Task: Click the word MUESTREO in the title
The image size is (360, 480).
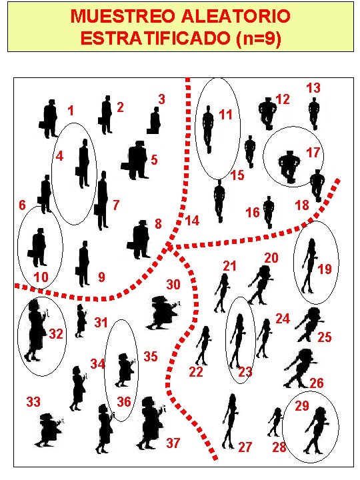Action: point(123,16)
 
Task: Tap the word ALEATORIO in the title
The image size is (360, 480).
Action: point(235,16)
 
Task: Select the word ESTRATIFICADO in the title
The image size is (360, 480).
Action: point(155,38)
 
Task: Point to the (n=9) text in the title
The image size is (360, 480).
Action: point(259,39)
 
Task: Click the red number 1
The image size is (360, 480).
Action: point(71,111)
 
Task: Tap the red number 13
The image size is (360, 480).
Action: point(313,88)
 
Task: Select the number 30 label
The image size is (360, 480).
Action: point(173,285)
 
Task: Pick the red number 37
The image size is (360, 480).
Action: point(173,443)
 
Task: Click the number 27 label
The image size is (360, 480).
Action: point(245,447)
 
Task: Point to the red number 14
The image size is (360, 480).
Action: point(192,221)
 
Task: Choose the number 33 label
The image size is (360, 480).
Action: point(33,401)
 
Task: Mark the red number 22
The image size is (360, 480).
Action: point(196,372)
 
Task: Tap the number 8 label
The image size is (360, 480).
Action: point(158,224)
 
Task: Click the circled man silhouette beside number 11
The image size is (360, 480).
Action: point(208,129)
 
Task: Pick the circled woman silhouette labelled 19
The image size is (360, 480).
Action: point(310,266)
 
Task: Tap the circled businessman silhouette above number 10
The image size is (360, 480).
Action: point(38,247)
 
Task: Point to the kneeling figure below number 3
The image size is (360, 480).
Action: point(154,121)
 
